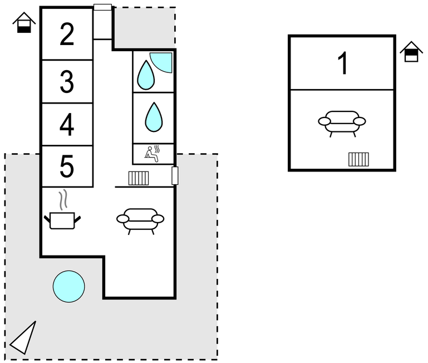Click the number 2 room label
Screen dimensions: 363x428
67,35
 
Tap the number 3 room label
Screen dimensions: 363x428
67,82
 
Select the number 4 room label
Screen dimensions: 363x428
67,125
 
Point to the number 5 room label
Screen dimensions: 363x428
67,166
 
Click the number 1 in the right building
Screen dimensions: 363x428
343,63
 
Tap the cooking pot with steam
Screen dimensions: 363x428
62,215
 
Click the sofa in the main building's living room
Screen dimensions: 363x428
140,219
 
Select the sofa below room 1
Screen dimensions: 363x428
342,122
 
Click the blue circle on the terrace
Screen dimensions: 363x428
69,287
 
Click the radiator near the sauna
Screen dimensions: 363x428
139,178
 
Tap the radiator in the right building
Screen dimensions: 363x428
359,160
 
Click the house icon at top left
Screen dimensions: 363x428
24,23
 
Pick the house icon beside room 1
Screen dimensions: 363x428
411,52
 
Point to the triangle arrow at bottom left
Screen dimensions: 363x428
24,338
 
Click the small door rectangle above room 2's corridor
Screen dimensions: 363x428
102,7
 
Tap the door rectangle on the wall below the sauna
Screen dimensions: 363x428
175,176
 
